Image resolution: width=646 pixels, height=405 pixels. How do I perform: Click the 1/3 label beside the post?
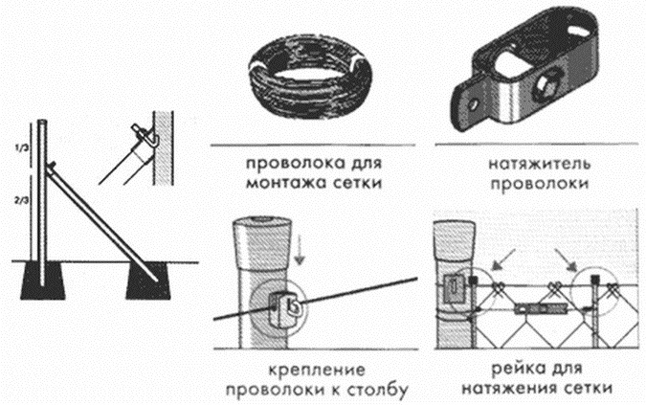[22, 149]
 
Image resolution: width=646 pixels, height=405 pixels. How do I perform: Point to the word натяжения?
[505, 390]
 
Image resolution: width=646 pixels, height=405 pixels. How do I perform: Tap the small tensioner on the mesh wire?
[530, 311]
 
